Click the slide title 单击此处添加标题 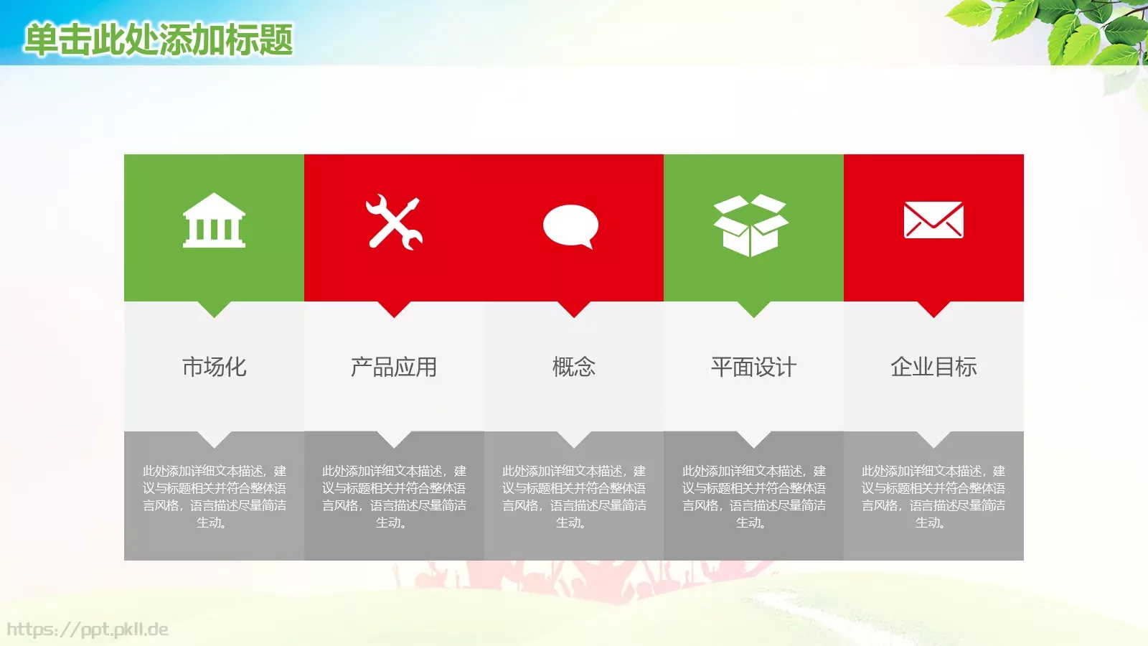pyautogui.click(x=159, y=39)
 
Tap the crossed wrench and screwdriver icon pyautogui.click(x=394, y=223)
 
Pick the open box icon pyautogui.click(x=751, y=225)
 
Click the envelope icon pyautogui.click(x=933, y=220)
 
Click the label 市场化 pyautogui.click(x=214, y=367)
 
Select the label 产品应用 pyautogui.click(x=394, y=367)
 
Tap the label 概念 pyautogui.click(x=574, y=367)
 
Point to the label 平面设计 pyautogui.click(x=753, y=367)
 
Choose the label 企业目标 pyautogui.click(x=933, y=367)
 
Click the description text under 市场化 pyautogui.click(x=214, y=497)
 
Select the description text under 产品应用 pyautogui.click(x=394, y=497)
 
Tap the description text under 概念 pyautogui.click(x=574, y=497)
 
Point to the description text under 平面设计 pyautogui.click(x=753, y=497)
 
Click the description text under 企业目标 pyautogui.click(x=933, y=497)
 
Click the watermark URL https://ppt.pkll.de pyautogui.click(x=88, y=630)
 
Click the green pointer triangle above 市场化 pyautogui.click(x=214, y=308)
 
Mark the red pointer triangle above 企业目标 pyautogui.click(x=933, y=308)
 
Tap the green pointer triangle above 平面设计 pyautogui.click(x=753, y=308)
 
